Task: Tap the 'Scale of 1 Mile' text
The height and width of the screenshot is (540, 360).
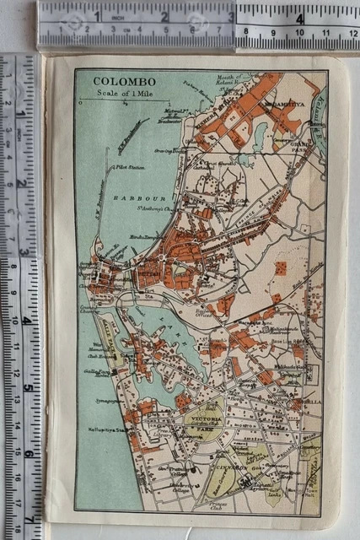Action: pos(119,94)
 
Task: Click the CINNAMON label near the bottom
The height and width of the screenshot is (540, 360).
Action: pos(230,465)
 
